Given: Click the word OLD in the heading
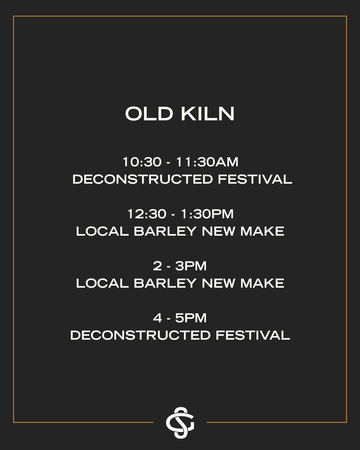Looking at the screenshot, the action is pos(149,114).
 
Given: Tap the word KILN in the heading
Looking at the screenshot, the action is pos(208,114).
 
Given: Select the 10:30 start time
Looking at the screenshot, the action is pos(142,162).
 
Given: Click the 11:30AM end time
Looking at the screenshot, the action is pos(207,162).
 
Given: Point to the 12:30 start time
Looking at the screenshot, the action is pos(147,214).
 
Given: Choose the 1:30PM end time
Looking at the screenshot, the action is pos(207,214).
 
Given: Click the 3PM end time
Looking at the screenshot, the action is pos(191,266).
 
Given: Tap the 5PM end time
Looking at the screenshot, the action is pos(191,318).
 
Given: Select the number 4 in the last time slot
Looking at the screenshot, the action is pos(158,318).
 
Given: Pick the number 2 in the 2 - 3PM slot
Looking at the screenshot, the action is pos(158,266).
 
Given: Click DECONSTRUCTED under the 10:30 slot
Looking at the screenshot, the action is pos(143,179).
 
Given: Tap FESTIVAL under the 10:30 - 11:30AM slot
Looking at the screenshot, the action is pos(255,179).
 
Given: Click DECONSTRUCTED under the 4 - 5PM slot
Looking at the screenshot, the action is pos(140,335).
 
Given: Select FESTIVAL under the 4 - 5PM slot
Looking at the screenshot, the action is pos(253,335).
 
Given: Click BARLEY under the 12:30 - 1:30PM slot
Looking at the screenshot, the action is pos(165,231).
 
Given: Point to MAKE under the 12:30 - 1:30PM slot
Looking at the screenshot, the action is pos(262,231).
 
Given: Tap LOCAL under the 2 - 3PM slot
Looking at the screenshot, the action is pos(102,283).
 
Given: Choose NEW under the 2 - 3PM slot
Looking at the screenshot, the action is pos(218,283).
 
